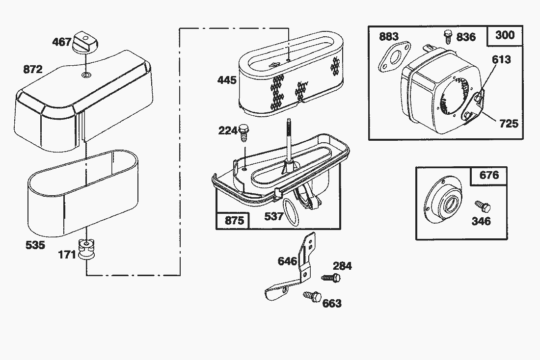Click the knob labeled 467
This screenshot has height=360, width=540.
click(x=85, y=43)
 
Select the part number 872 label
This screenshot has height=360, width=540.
click(x=33, y=70)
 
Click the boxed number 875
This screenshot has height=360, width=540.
click(x=234, y=221)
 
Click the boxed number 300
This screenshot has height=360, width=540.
click(x=505, y=35)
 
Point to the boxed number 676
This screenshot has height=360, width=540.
click(x=488, y=175)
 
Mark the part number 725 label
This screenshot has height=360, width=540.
click(x=509, y=123)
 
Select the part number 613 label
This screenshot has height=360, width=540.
click(x=501, y=60)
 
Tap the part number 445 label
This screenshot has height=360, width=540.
click(x=227, y=79)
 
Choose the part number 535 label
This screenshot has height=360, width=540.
click(x=35, y=245)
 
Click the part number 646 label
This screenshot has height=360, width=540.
click(x=288, y=261)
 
